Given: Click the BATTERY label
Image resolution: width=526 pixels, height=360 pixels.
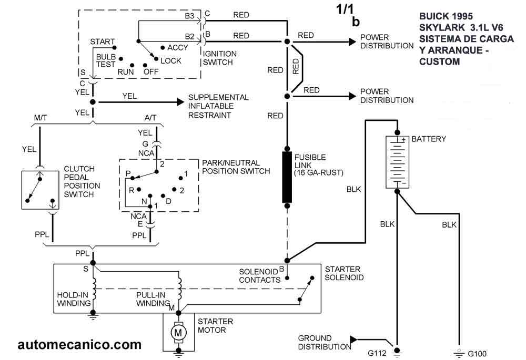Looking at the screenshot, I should point(428,139).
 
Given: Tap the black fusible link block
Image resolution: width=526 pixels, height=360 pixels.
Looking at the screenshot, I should point(287,177).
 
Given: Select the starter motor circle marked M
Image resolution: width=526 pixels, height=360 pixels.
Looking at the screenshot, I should point(178,332).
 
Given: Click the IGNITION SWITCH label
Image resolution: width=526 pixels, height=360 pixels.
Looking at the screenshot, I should point(220,57).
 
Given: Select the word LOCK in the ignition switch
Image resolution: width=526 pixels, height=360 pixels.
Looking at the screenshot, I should point(171,61).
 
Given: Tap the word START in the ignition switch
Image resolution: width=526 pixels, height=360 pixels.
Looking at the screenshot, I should point(103,42).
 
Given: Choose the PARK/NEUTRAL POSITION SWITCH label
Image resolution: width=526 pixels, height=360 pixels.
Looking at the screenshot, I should point(236,167).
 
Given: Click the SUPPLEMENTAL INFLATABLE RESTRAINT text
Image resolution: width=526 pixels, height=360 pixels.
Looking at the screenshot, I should point(218,106).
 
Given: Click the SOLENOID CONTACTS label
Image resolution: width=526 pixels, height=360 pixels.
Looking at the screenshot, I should point(259,275).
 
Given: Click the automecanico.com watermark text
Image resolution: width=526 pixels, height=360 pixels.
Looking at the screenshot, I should point(79,345).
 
